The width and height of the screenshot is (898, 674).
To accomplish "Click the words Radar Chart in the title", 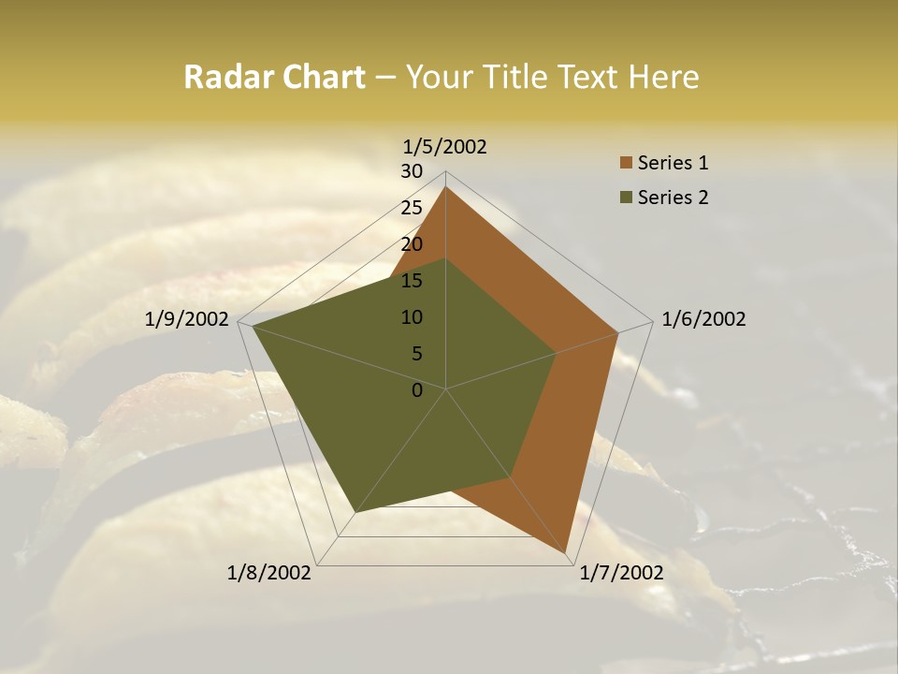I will click(x=274, y=78).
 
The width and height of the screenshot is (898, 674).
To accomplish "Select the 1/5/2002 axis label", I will click(x=445, y=146).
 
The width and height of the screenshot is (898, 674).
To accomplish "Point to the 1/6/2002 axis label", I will click(x=703, y=319).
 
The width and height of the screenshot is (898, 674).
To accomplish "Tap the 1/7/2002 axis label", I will click(x=621, y=573).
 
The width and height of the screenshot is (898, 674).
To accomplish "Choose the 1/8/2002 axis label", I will click(x=269, y=573).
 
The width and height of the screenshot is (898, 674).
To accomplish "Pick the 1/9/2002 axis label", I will click(x=187, y=319).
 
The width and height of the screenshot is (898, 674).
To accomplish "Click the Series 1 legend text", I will click(x=673, y=163).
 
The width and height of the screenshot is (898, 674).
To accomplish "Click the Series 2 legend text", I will click(x=673, y=198).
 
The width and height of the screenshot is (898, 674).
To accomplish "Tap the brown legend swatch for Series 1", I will click(x=626, y=164).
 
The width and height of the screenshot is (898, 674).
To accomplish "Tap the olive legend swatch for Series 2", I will click(x=626, y=198).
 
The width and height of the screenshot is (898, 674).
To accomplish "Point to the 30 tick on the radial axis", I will click(x=412, y=171).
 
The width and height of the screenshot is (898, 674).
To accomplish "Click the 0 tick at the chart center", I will click(x=417, y=390).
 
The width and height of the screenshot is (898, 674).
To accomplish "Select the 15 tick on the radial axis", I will click(x=412, y=281).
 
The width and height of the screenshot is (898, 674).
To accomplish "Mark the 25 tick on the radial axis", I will click(x=412, y=208).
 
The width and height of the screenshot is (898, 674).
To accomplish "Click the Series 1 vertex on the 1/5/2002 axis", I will click(x=446, y=186).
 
